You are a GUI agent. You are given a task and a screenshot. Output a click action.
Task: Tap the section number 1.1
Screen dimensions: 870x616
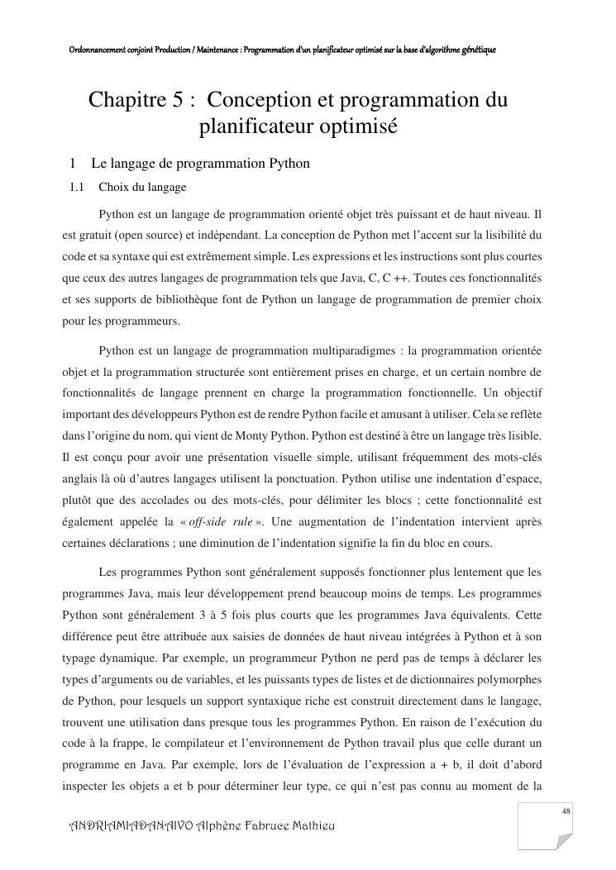tap(77, 188)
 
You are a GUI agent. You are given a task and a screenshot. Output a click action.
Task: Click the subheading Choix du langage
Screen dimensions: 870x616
tap(142, 188)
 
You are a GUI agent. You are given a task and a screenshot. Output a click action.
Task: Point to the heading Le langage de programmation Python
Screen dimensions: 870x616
tap(200, 164)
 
